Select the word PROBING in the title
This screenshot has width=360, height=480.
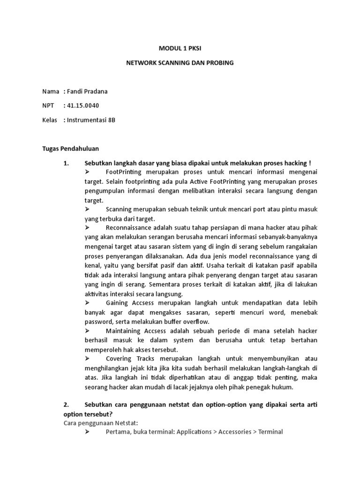click(218, 62)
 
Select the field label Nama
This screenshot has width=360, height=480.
click(51, 91)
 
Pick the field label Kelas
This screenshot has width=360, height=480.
click(51, 120)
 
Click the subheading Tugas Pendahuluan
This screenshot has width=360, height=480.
click(70, 149)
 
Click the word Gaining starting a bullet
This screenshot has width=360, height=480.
click(118, 304)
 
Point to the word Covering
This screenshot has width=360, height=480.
click(119, 359)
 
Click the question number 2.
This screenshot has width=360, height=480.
click(67, 405)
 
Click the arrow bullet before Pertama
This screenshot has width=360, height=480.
click(88, 432)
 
